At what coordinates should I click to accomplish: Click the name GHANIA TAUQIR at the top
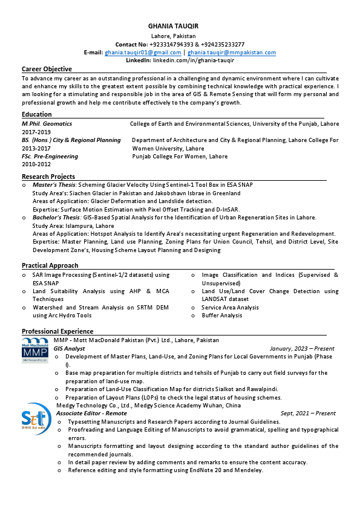point(173,27)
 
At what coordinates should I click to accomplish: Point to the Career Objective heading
point(47,70)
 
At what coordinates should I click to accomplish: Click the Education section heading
point(37,115)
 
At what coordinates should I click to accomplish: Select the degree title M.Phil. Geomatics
point(47,123)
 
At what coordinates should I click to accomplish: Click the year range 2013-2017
point(36,148)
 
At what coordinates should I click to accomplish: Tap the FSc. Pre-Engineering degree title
point(50,157)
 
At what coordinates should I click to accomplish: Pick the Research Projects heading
point(48,177)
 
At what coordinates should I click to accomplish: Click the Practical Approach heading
point(50,265)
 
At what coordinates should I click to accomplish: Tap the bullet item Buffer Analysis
point(222,316)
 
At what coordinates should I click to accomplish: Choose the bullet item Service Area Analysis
point(230,308)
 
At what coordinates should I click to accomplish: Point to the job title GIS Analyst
point(70,349)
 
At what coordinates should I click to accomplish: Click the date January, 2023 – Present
point(302,349)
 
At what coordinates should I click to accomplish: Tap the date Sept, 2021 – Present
point(308,413)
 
